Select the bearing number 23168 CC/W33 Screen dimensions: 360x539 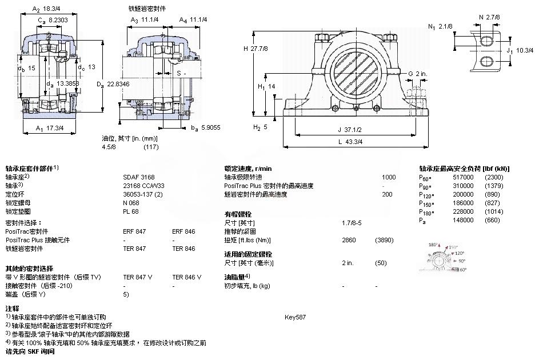pos(139,186)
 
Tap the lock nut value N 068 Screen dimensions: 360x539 pos(130,203)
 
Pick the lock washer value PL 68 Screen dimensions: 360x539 pos(130,211)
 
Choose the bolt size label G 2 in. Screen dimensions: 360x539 pos(418,73)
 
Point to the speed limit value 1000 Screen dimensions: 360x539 pos(389,177)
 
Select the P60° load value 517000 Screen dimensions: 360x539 pos(463,177)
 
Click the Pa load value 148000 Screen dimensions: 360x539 pos(463,220)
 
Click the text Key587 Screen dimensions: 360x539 pos(296,317)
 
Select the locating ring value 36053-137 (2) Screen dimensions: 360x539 pos(143,194)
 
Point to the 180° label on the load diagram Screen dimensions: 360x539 pos(433,245)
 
